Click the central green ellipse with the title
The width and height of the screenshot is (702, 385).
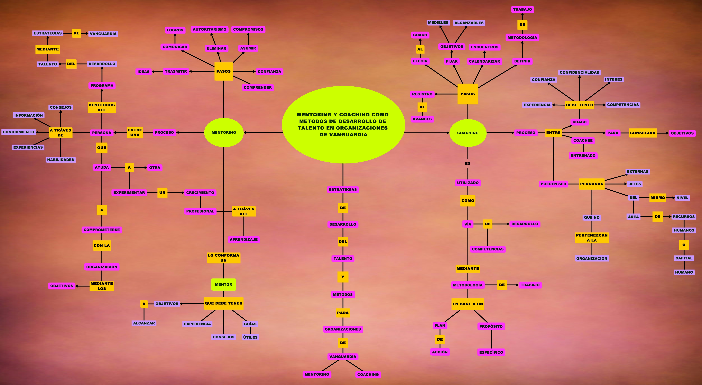point(343,125)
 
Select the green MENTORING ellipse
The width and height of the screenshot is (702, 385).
point(224,132)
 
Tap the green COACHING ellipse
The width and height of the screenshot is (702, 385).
point(468,133)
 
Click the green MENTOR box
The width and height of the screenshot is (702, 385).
point(223,284)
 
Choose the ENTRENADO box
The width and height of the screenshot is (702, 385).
point(583,155)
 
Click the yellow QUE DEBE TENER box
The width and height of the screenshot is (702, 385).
point(223,303)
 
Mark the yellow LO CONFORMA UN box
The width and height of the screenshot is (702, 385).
point(223,258)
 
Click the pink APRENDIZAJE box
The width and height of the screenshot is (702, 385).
point(244,239)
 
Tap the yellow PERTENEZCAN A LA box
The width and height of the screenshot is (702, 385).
point(592,238)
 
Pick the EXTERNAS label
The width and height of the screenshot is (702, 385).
point(637,172)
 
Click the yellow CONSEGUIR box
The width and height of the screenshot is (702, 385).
point(643,133)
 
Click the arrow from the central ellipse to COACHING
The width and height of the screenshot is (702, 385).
point(427,133)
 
